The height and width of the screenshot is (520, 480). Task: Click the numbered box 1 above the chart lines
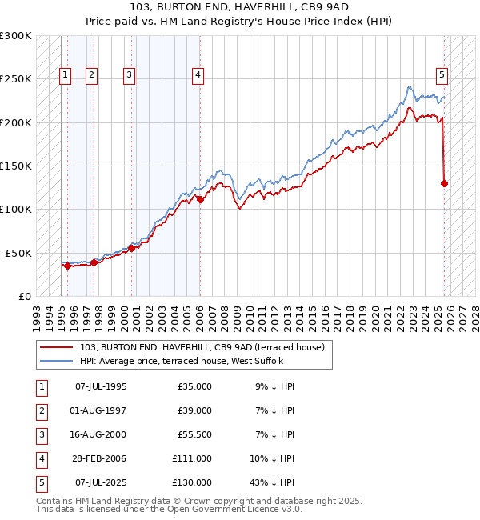point(65,75)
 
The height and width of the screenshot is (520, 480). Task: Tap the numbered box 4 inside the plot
point(198,75)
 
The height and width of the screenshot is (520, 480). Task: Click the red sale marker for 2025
point(445,183)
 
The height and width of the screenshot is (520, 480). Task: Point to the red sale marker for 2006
point(200,200)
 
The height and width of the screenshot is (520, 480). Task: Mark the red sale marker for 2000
point(131,248)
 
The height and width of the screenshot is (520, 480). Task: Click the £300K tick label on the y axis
point(15,36)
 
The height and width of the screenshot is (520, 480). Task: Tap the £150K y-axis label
point(15,166)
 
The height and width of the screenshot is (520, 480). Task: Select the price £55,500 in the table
point(192,434)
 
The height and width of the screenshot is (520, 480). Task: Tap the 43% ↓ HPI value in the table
point(273,482)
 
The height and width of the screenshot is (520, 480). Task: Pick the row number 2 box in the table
point(41,410)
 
